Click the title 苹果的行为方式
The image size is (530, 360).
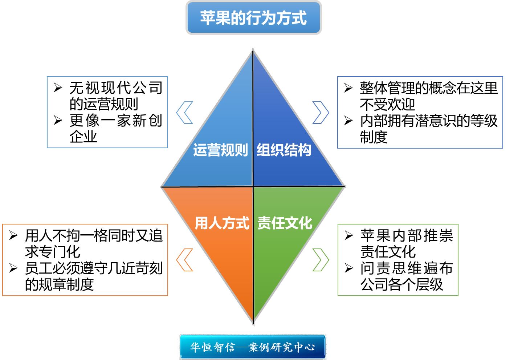tap(253, 18)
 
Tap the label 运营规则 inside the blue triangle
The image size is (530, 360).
tap(220, 150)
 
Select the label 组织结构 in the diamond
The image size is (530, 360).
tap(284, 150)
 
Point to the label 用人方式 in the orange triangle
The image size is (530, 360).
tap(222, 223)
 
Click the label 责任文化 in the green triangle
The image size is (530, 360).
tap(285, 223)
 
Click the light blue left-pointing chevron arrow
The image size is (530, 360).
tap(184, 113)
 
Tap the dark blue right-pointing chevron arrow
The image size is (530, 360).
tap(321, 113)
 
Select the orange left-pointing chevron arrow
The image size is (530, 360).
tap(184, 260)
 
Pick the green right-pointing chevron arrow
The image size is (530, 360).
tap(321, 260)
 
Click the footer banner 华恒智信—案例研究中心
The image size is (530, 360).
tap(253, 347)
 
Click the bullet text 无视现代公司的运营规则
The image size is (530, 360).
tap(115, 96)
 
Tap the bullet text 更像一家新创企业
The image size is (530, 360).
tap(115, 129)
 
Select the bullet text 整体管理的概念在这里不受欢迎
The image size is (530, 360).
tap(428, 96)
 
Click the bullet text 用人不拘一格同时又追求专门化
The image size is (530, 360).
tap(93, 243)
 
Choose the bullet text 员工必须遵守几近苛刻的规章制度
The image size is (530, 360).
tap(93, 276)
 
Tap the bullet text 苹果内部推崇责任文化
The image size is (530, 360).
tap(406, 243)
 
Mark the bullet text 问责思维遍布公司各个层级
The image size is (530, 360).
tap(406, 276)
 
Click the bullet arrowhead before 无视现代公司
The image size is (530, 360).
tap(58, 88)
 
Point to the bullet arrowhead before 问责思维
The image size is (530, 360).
tap(349, 268)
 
